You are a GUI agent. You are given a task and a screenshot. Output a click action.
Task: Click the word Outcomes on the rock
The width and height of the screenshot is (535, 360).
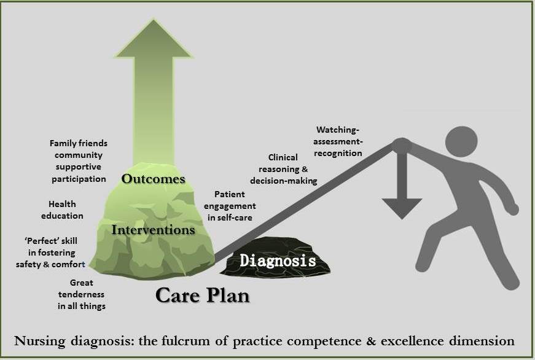[x=153, y=179]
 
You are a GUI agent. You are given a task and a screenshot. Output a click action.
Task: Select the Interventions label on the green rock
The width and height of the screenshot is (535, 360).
[x=154, y=230]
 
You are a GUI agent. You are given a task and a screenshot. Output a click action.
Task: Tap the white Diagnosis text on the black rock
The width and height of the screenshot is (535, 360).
[x=278, y=260]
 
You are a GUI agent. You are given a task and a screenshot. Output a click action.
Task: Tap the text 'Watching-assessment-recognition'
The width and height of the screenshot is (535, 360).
[x=338, y=141]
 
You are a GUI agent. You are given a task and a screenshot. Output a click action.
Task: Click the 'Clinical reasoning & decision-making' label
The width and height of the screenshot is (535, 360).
[x=283, y=169]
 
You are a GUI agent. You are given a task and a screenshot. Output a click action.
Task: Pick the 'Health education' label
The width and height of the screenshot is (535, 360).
[x=62, y=210]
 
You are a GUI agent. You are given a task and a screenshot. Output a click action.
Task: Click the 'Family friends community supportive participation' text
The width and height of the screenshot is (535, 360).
[x=78, y=161]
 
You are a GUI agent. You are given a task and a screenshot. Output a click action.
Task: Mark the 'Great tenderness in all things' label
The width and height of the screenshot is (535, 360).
[x=82, y=294]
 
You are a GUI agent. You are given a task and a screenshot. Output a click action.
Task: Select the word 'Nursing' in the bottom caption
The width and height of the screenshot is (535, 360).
[x=43, y=340]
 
